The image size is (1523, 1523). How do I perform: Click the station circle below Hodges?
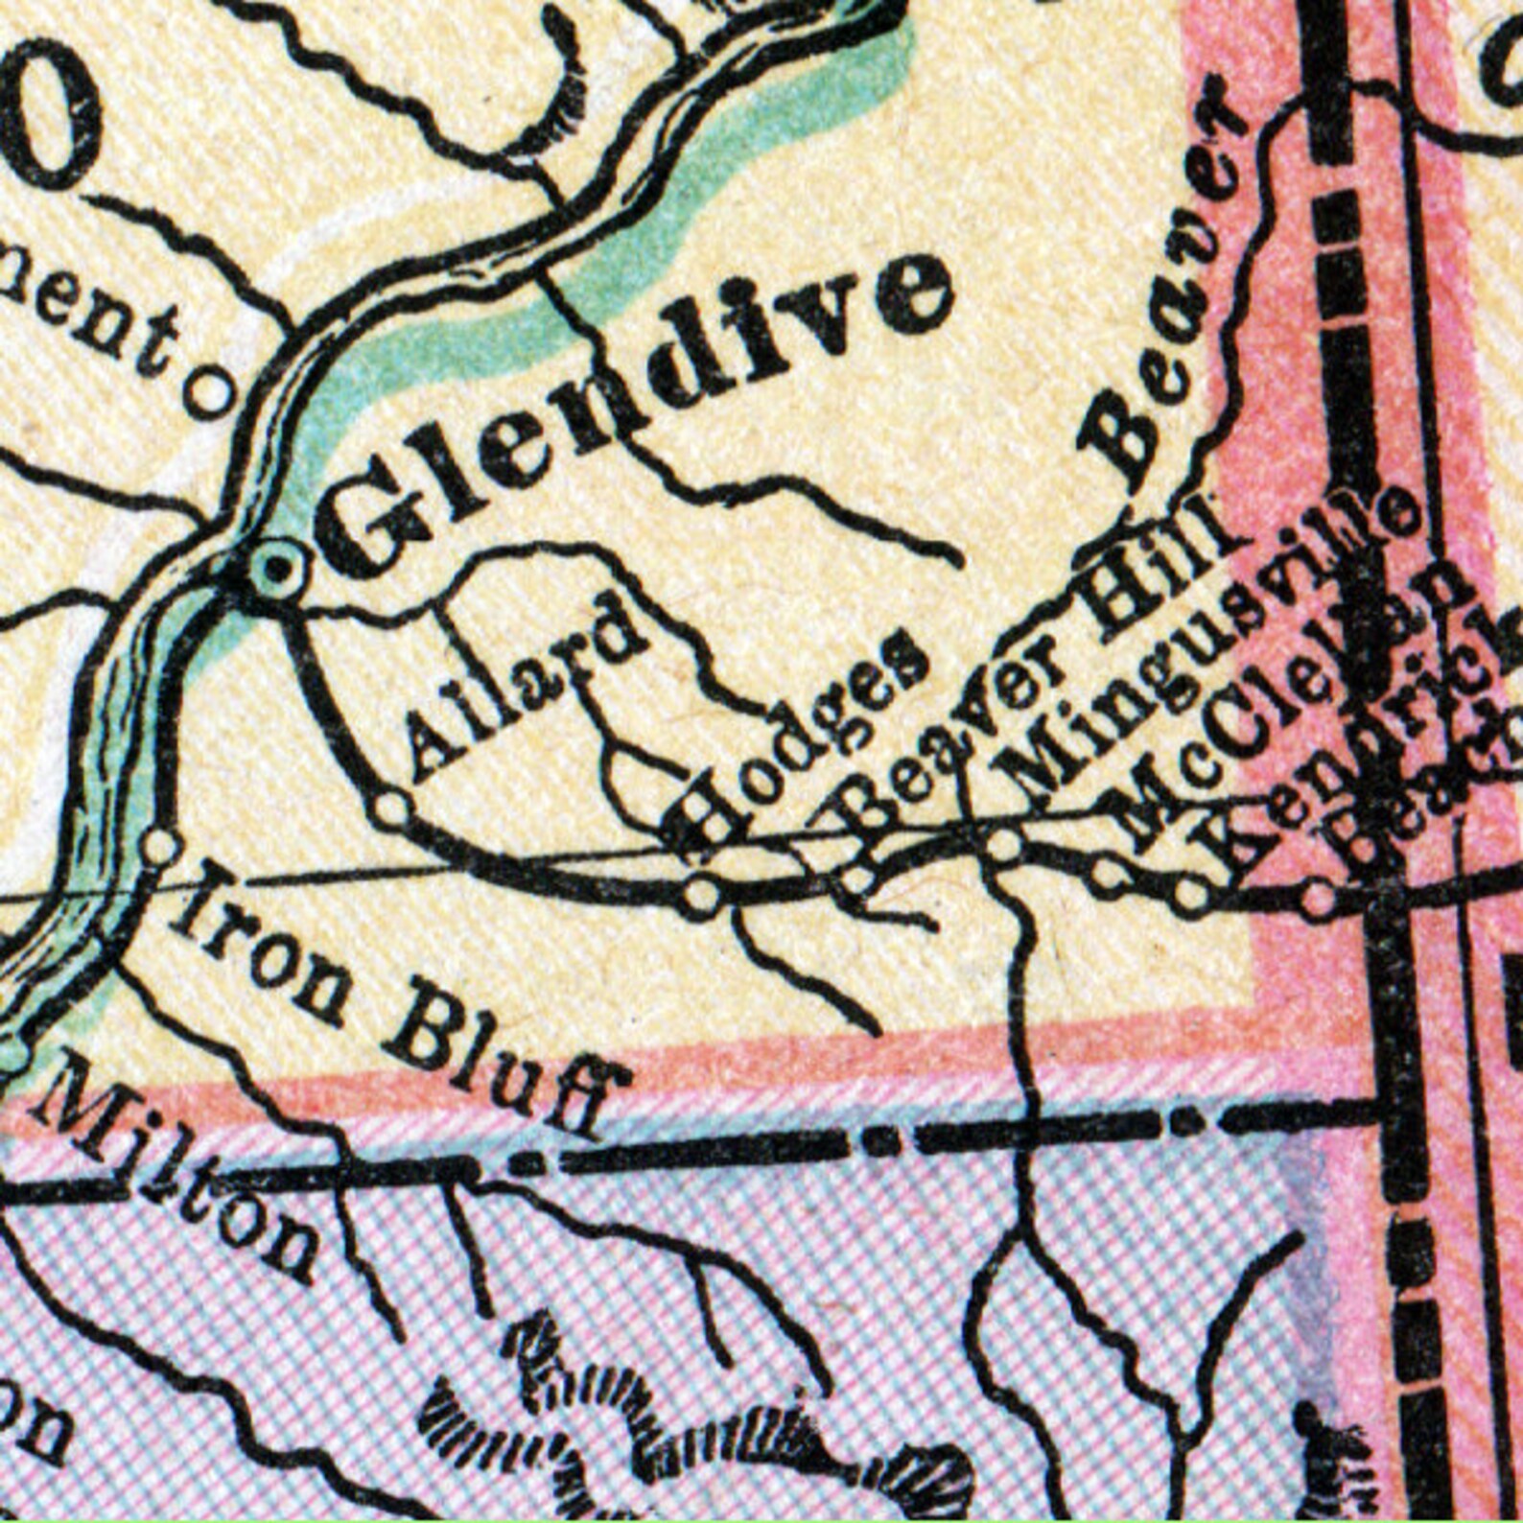coord(701,896)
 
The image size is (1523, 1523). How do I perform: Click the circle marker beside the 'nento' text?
coord(211,391)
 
